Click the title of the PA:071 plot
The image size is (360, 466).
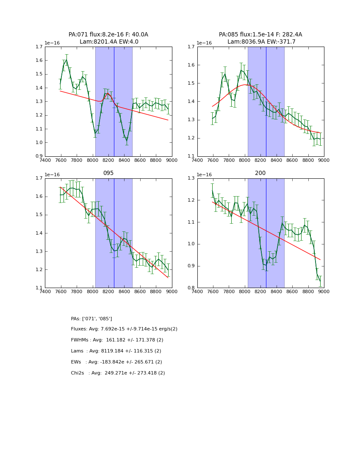(x=108, y=38)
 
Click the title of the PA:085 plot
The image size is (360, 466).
(x=260, y=38)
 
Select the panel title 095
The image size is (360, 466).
(x=108, y=173)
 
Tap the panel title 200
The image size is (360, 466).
(x=260, y=173)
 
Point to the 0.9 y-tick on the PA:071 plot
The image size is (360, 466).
(x=39, y=156)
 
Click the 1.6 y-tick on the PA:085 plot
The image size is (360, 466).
(x=191, y=65)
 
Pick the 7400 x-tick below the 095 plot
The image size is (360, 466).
(x=45, y=291)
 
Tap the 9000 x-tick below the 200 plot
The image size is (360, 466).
(x=324, y=291)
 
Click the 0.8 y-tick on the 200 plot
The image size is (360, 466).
(x=191, y=288)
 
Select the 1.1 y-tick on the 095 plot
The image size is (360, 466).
(x=39, y=288)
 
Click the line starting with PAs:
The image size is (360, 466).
(x=91, y=319)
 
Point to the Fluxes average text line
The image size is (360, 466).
(x=124, y=329)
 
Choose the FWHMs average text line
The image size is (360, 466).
(x=117, y=340)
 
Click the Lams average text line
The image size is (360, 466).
(x=116, y=351)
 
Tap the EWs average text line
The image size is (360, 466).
(x=116, y=362)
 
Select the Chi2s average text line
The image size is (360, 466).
(x=118, y=373)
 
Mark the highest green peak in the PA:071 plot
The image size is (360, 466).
(x=66, y=59)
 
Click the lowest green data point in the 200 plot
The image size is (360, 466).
(x=320, y=282)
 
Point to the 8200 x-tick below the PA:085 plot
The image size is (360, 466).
(x=260, y=160)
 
